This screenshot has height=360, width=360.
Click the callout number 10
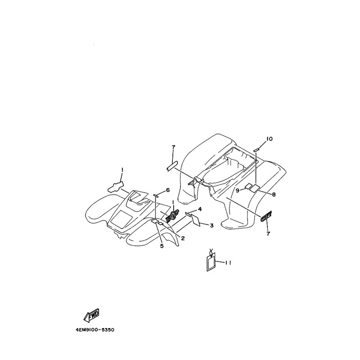tap(269, 139)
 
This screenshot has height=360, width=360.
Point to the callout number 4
tap(199, 209)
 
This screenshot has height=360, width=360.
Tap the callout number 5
tap(162, 246)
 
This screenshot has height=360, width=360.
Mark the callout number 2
tap(183, 238)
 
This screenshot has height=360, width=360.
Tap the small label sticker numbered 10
tap(256, 149)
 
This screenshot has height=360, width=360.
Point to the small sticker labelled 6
tap(157, 195)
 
